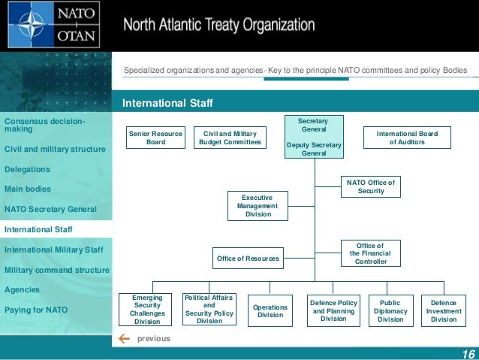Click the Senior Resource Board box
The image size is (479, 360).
pyautogui.click(x=155, y=138)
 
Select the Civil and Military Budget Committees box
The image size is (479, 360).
pyautogui.click(x=230, y=138)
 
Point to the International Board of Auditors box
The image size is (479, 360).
pyautogui.click(x=406, y=138)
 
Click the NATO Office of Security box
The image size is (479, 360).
pyautogui.click(x=371, y=186)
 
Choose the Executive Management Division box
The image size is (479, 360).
pyautogui.click(x=258, y=205)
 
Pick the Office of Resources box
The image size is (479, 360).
pyautogui.click(x=248, y=259)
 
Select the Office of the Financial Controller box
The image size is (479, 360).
pyautogui.click(x=371, y=253)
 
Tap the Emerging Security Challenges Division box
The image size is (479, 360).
pyautogui.click(x=147, y=310)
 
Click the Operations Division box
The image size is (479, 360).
pyautogui.click(x=270, y=310)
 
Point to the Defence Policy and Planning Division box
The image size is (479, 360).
pyautogui.click(x=333, y=310)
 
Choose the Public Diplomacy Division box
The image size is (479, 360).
pyautogui.click(x=390, y=310)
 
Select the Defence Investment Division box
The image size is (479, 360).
pyautogui.click(x=444, y=310)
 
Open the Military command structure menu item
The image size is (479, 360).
pyautogui.click(x=56, y=270)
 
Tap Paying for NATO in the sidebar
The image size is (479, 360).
pyautogui.click(x=36, y=310)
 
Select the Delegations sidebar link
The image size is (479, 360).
pyautogui.click(x=27, y=169)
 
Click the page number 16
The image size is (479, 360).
pyautogui.click(x=468, y=355)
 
